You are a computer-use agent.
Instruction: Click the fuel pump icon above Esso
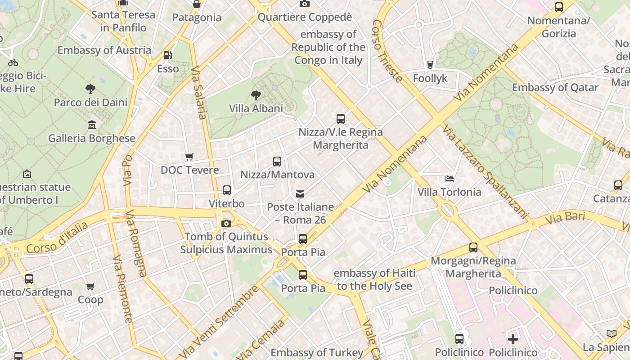point(167,55)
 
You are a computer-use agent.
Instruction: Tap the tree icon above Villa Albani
point(256,95)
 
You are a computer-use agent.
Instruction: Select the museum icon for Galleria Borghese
point(92,125)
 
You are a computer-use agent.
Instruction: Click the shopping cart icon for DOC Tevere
point(189,157)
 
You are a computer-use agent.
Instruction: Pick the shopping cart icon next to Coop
point(90,286)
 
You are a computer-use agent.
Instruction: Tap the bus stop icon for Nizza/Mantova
point(277,161)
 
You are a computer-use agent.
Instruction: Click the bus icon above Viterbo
point(227,190)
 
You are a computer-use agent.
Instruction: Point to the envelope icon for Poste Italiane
point(300,193)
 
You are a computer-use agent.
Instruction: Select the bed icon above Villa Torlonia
point(449,179)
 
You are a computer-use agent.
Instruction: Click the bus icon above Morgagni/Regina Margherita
point(473,247)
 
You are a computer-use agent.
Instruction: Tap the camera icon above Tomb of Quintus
point(226,223)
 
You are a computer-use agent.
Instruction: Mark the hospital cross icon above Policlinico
point(513,339)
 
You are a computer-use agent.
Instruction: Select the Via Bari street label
point(565,218)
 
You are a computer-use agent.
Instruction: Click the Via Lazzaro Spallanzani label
point(484,171)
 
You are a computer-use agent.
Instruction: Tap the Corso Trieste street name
point(387,51)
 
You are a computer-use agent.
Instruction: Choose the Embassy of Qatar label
point(555,87)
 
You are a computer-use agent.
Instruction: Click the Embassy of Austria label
point(104,50)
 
